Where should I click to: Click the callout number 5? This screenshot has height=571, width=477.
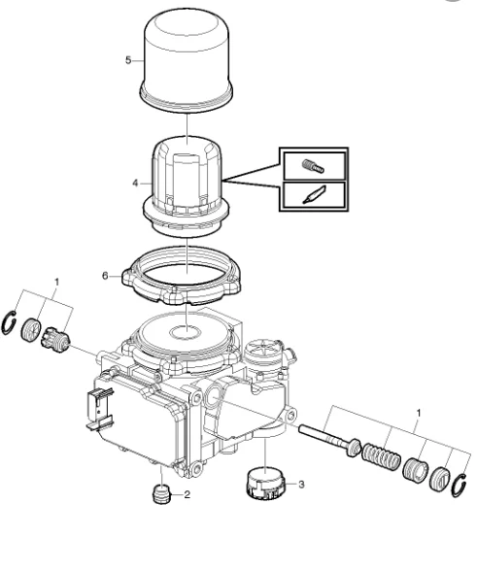coord(128,60)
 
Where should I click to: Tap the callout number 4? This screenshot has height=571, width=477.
coord(135,184)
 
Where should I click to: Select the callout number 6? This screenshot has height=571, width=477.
coord(105,276)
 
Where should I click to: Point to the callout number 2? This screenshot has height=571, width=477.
coord(187,494)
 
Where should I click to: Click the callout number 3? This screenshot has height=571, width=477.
coord(301,485)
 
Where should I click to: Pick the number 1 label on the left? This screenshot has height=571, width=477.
coord(56,283)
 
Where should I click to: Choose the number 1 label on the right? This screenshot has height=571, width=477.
coord(419,414)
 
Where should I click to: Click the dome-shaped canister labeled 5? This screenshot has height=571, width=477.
coord(187,60)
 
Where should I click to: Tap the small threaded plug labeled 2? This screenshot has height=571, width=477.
coord(160,494)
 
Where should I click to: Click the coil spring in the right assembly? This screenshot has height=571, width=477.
coord(381,456)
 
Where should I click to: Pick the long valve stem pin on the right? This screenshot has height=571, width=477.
coord(329,440)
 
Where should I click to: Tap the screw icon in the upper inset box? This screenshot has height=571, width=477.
coord(313,166)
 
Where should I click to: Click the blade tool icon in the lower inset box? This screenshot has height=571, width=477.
coord(314,195)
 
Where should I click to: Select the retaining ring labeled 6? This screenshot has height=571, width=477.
coord(182,275)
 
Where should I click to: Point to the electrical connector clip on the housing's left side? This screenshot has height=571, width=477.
coord(99,409)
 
